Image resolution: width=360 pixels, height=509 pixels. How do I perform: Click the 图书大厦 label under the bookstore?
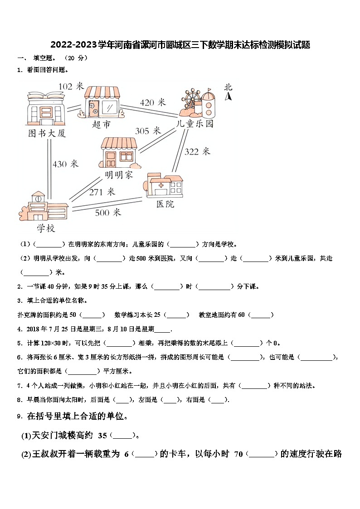[47, 133]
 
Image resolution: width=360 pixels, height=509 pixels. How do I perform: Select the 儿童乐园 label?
[195, 123]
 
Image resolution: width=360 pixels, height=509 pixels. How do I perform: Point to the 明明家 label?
[119, 175]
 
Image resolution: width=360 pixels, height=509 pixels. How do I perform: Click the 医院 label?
[165, 204]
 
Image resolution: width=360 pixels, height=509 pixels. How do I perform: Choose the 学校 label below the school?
[46, 228]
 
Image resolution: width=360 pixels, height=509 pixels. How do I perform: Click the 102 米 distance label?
[72, 86]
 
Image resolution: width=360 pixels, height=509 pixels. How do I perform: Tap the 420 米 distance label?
[153, 102]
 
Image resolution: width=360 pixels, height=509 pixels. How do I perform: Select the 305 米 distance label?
[148, 131]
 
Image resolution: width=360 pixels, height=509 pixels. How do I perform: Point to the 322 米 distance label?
[197, 151]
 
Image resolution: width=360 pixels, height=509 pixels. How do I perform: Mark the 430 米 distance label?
[65, 164]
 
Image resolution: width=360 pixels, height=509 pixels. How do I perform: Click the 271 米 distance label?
[102, 192]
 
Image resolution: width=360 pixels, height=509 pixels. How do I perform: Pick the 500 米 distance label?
[108, 212]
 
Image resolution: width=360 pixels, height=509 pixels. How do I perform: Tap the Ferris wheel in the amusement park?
[190, 99]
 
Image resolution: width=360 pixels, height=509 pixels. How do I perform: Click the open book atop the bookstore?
[45, 95]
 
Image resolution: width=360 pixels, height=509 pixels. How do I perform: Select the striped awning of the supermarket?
[103, 92]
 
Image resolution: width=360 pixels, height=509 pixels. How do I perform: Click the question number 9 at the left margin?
[19, 416]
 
